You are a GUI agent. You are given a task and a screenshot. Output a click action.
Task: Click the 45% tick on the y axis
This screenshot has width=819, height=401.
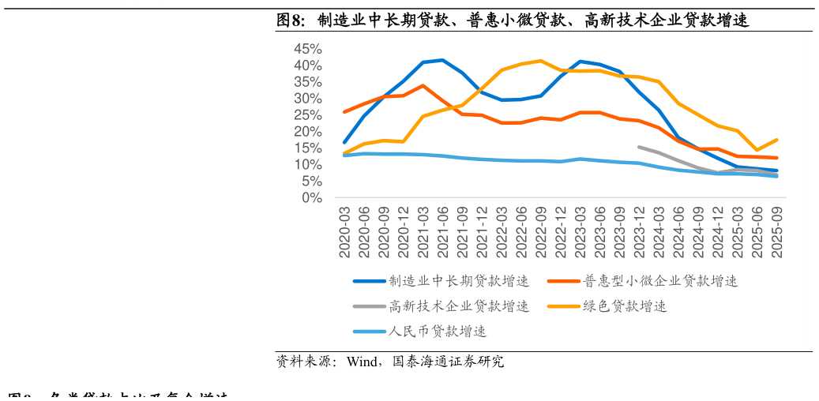coord(307,49)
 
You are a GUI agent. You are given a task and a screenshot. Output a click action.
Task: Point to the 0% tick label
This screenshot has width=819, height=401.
coord(311,198)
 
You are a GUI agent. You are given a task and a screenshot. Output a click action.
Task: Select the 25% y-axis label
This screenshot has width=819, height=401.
coord(307,115)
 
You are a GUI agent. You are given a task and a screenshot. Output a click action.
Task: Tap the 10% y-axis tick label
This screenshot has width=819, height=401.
coord(307,165)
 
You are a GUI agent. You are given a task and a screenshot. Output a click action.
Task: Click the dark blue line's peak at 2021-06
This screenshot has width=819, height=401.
coord(442,60)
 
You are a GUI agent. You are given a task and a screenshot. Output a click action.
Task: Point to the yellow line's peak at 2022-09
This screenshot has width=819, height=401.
coord(541,61)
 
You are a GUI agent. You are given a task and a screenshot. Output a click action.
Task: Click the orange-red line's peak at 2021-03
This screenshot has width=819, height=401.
coord(423,85)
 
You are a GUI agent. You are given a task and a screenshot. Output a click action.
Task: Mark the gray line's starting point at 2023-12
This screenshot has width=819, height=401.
coord(639,147)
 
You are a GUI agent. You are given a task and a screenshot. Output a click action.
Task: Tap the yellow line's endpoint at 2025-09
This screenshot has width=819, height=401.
coord(776,140)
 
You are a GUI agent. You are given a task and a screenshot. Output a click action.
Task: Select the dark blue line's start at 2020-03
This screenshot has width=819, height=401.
coord(344,142)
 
